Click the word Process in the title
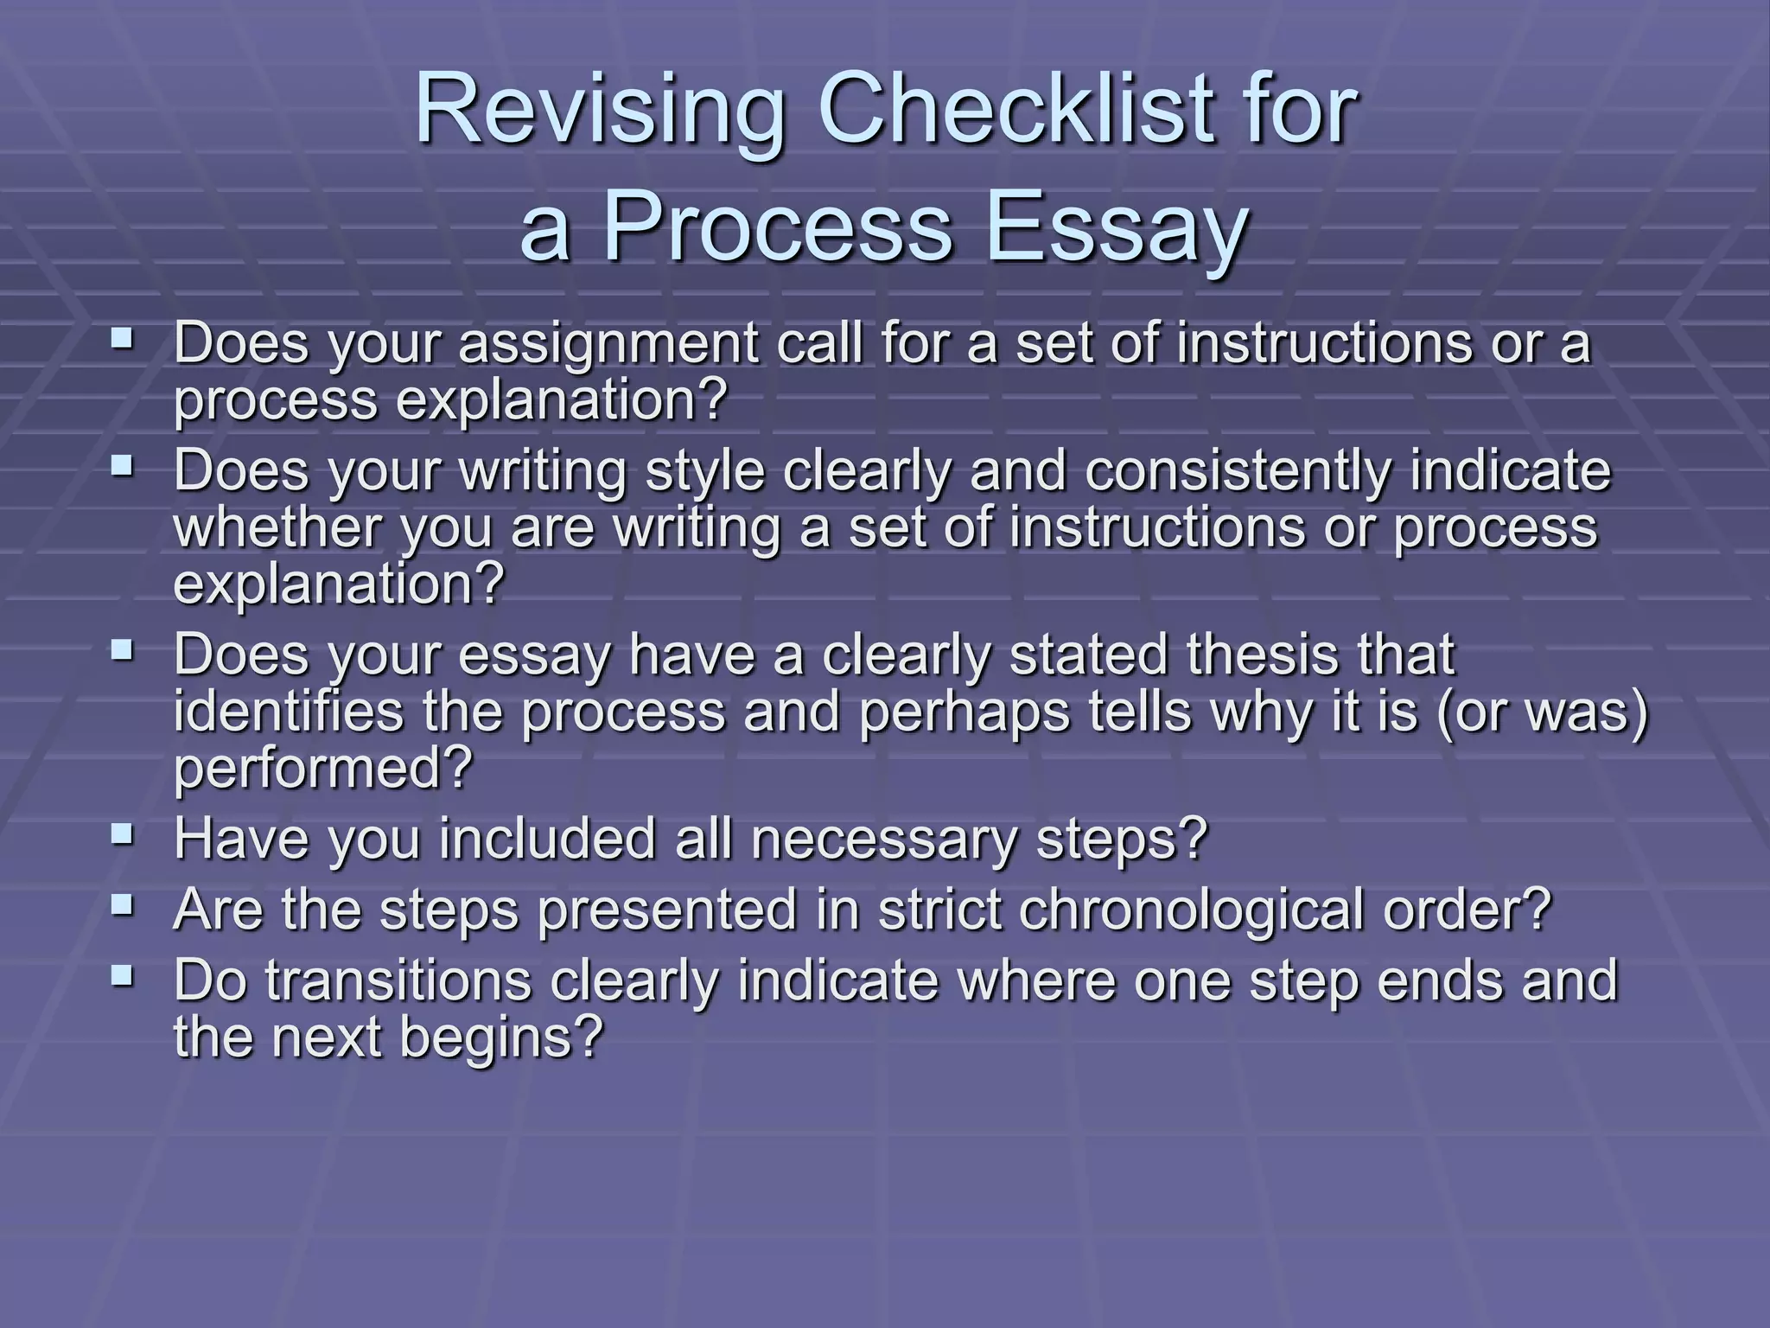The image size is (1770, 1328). point(776,229)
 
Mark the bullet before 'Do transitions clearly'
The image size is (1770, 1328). point(123,974)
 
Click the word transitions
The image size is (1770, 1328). point(398,981)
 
